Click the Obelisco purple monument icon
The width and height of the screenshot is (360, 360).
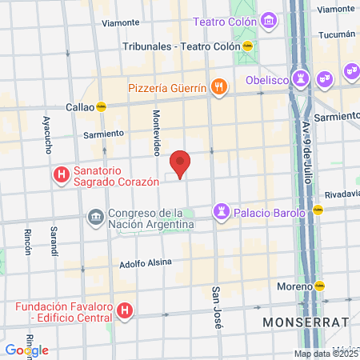click(301, 79)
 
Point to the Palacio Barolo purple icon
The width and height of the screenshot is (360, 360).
click(220, 212)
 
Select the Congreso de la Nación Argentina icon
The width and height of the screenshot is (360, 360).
click(95, 218)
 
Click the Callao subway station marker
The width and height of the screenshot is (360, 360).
click(101, 106)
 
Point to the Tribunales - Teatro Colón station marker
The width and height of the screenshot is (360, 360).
click(248, 46)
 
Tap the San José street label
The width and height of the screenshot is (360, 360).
click(216, 307)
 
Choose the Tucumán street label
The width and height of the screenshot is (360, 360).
click(336, 34)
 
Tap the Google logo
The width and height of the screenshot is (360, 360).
click(26, 350)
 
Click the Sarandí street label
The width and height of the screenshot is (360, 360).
click(54, 239)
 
